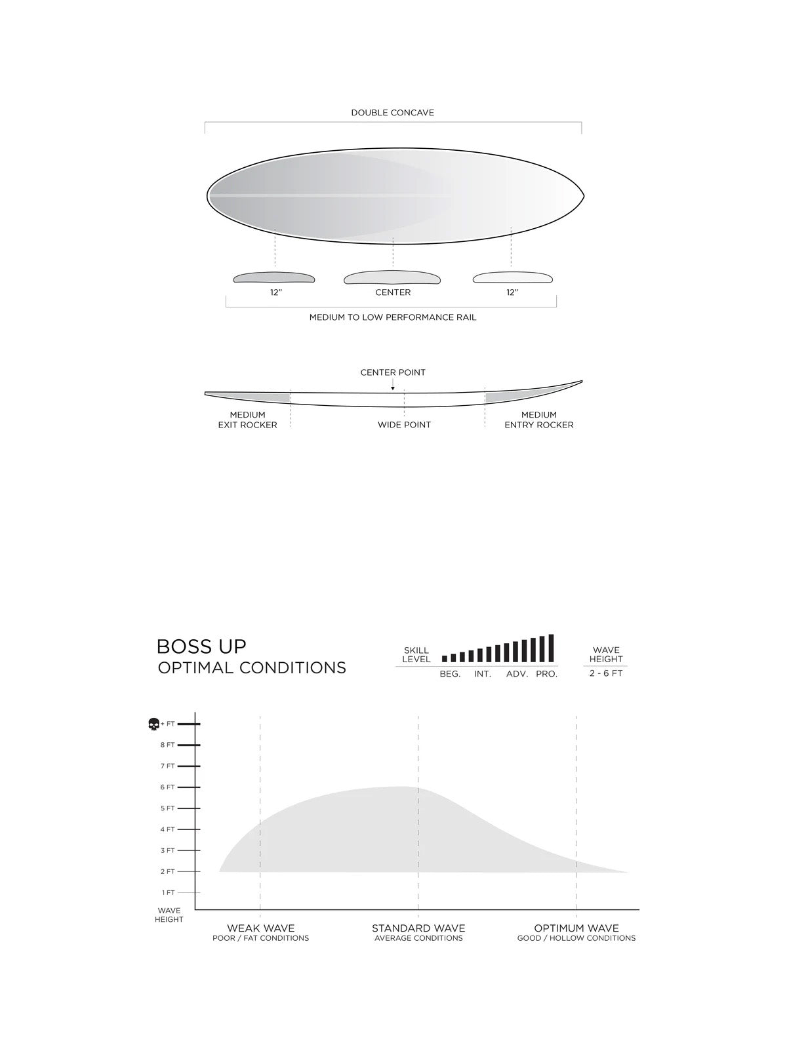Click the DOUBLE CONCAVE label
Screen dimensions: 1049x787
[392, 113]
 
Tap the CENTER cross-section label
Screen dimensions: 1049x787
[393, 292]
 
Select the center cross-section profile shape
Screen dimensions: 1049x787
[392, 278]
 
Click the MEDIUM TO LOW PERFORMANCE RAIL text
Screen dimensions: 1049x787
[393, 317]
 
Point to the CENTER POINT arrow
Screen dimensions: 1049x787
[393, 388]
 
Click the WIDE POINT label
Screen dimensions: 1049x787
[404, 425]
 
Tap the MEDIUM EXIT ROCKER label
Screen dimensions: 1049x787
[247, 420]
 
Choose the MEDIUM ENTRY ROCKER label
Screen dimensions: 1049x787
[538, 420]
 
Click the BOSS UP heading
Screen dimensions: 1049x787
[201, 646]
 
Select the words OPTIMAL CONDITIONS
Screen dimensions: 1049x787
[252, 668]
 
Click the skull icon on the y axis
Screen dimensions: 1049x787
[153, 724]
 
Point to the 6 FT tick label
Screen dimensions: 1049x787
[167, 787]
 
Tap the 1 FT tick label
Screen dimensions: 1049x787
[168, 893]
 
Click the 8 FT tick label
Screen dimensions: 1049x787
[167, 745]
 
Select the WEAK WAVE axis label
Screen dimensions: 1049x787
[260, 928]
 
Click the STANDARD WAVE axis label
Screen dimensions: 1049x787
[418, 928]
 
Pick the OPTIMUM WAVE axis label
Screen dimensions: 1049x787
[576, 928]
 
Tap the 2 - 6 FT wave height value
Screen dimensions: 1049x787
[605, 674]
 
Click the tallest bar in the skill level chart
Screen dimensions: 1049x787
[551, 648]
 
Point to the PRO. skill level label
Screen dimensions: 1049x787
[546, 674]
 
